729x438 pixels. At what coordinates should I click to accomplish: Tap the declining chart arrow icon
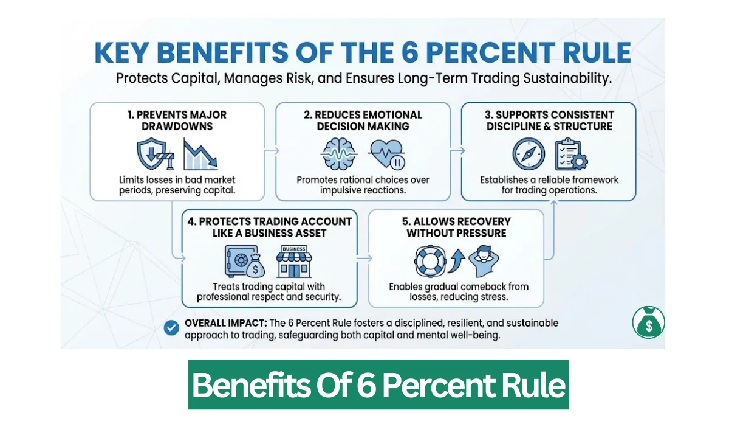point(200,154)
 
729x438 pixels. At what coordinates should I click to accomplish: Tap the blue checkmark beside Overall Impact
point(171,328)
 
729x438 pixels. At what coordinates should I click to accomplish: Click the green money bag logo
point(648,322)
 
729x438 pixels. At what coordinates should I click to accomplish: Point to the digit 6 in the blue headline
point(462,53)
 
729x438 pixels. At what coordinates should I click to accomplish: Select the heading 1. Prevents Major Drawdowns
point(177,120)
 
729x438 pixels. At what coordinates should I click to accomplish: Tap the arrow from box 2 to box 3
point(456,151)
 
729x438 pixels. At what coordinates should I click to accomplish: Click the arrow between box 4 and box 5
point(363,258)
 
